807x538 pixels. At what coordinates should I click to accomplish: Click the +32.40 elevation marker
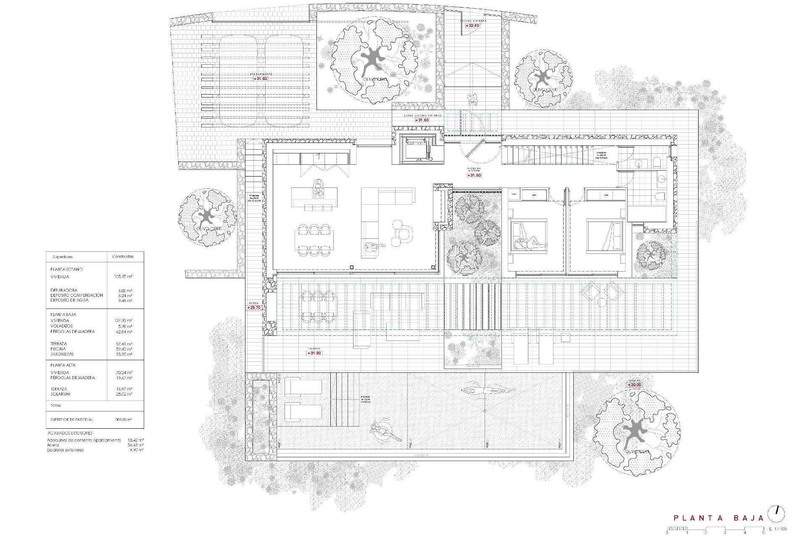(473, 26)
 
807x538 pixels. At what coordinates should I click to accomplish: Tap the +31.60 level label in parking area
(260, 79)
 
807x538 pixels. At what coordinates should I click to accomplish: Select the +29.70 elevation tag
(254, 308)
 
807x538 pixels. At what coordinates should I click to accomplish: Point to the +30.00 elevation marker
(635, 385)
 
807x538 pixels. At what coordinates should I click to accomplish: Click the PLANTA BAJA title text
(719, 518)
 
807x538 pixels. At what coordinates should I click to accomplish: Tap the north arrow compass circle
(776, 514)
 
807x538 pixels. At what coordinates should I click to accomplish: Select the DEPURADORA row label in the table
(64, 290)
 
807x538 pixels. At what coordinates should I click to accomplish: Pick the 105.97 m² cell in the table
(123, 277)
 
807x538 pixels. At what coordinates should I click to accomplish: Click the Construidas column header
(123, 256)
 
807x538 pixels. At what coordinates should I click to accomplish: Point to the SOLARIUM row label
(61, 394)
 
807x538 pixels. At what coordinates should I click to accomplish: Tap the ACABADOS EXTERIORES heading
(70, 433)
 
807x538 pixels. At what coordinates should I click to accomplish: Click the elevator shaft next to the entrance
(418, 149)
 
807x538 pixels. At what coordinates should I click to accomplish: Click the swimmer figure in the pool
(488, 390)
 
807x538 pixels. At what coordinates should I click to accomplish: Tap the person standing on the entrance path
(474, 100)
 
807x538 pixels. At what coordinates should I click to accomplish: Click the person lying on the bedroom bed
(527, 243)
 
